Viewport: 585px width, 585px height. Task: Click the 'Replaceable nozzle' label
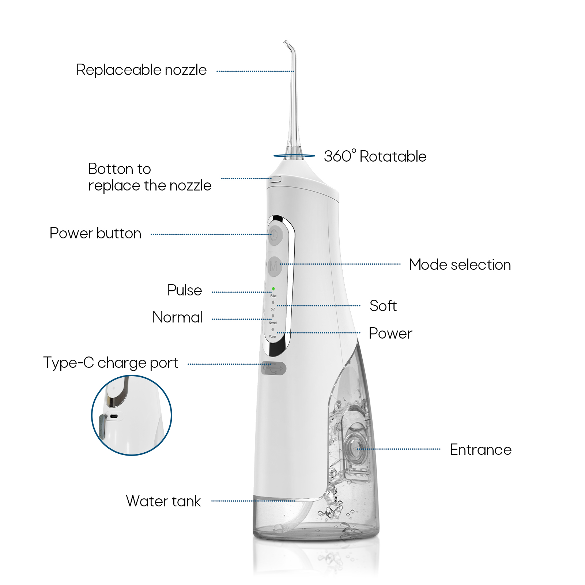141,70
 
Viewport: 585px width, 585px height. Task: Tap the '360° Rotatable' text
375,156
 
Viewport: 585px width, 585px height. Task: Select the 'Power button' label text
95,233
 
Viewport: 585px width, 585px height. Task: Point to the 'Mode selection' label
460,264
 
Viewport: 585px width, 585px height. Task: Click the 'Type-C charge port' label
110,363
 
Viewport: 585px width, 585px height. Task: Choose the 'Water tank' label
163,501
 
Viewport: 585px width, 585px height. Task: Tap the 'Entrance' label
480,450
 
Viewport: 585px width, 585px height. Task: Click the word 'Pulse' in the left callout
184,290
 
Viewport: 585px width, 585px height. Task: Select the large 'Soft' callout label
383,306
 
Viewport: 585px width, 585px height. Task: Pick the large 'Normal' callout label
177,317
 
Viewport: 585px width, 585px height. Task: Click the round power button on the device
275,235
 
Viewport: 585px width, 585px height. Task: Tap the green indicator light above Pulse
273,289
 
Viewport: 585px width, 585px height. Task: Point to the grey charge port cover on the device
273,368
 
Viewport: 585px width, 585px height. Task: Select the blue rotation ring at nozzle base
294,156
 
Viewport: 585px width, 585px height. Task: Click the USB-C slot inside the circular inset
114,416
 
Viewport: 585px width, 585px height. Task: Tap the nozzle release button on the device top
276,179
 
